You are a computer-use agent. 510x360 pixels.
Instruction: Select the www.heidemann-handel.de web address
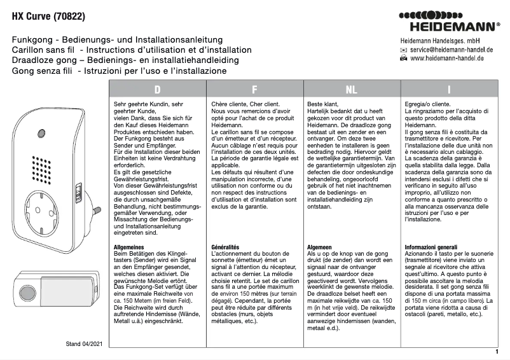447,58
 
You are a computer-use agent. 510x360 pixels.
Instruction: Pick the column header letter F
254,90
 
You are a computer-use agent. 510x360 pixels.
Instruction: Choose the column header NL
351,90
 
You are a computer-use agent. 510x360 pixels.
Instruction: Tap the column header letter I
449,90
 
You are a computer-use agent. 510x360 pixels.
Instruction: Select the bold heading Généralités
225,246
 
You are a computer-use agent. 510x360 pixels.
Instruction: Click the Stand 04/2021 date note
83,344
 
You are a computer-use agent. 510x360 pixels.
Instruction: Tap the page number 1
495,351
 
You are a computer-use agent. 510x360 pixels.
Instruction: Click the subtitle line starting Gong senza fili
120,71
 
